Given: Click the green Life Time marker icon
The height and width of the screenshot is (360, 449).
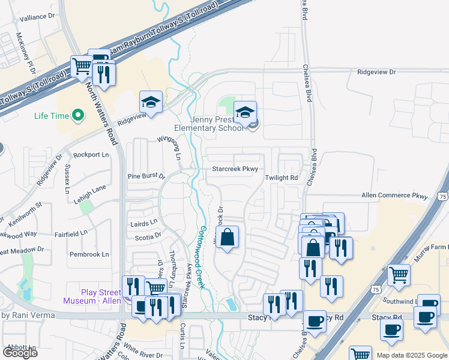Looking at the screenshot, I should pos(77,115).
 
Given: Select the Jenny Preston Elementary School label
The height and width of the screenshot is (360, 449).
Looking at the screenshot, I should pos(208,122).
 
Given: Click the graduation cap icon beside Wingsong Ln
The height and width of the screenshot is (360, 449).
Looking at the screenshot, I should pos(151,103).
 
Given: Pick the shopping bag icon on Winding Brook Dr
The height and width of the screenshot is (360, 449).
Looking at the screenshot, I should pos(227,238).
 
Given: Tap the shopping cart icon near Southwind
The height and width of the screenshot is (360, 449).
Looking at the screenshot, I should pos(399,275).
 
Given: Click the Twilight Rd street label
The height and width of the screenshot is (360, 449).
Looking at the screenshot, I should pos(282,178).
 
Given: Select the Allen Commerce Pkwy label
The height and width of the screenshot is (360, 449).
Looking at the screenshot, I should pos(394,196).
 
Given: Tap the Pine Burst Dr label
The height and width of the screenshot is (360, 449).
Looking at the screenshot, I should pos(146,176).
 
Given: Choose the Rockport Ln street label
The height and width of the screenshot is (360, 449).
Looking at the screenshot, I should pos(91,155).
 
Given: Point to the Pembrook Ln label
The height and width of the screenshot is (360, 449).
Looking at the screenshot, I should pos(89,254).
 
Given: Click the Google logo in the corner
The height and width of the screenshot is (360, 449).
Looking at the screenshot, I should pos(20,353).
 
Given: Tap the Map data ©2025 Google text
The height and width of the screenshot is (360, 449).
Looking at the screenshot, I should pos(411,355).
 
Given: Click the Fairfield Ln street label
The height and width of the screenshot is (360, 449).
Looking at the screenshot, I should pos(71,232).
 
